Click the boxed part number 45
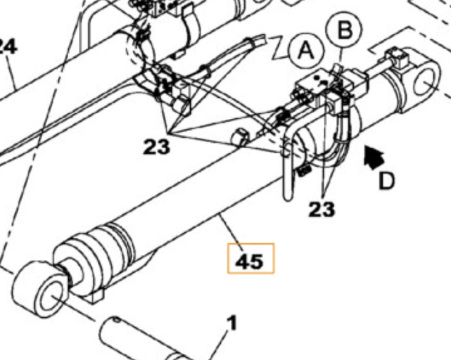click(250, 261)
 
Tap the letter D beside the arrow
click(386, 180)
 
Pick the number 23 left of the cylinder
click(156, 147)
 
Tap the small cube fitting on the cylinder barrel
click(240, 137)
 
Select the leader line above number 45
click(229, 227)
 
